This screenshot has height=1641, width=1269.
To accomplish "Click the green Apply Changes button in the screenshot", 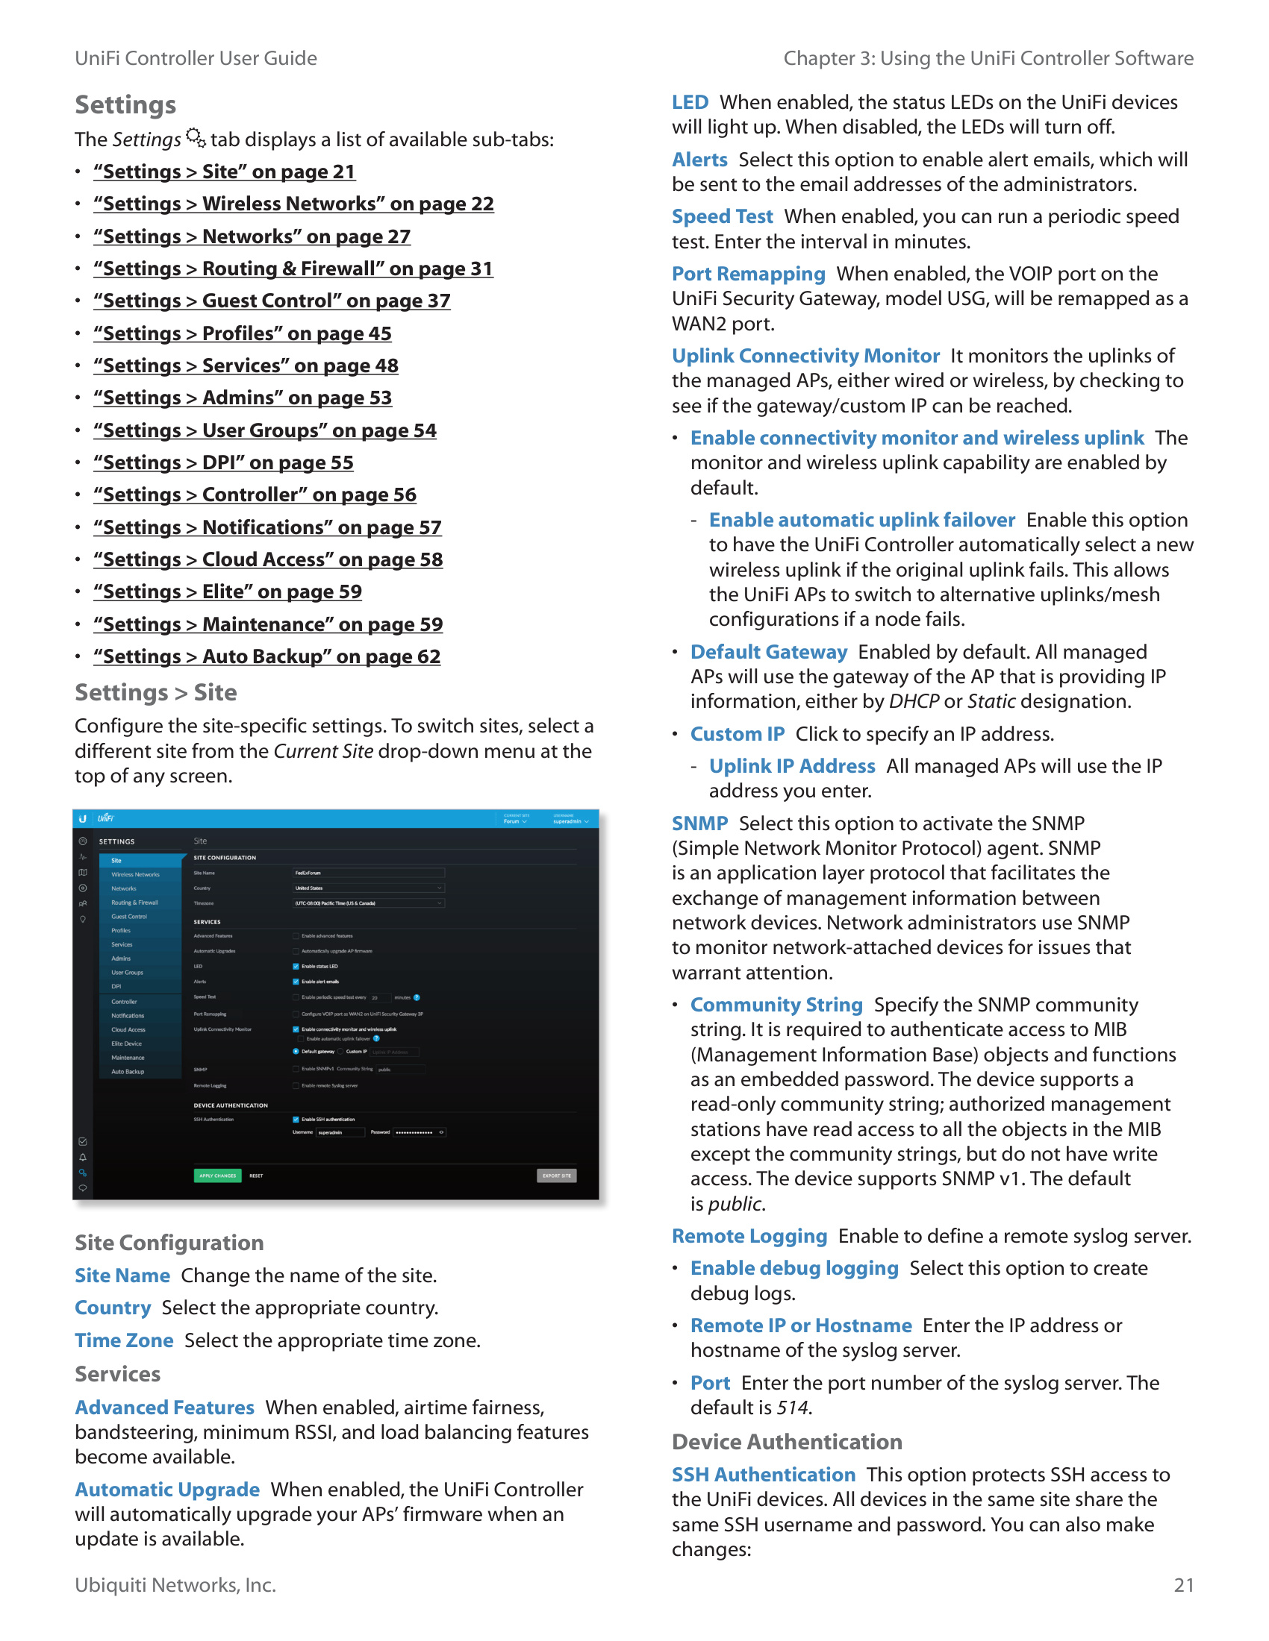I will click(x=217, y=1175).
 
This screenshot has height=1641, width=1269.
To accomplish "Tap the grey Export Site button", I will click(x=556, y=1175).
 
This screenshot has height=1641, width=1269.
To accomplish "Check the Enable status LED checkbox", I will click(x=296, y=966).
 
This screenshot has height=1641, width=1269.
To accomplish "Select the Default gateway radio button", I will click(x=296, y=1051).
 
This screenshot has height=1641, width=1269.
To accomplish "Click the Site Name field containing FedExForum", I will click(x=368, y=873).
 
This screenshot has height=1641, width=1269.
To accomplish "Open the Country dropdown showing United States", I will click(x=368, y=888).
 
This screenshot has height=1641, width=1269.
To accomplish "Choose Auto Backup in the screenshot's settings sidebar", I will click(x=128, y=1071).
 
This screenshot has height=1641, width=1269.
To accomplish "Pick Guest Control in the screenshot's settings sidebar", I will click(x=129, y=917).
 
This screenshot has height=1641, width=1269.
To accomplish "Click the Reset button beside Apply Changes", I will click(x=256, y=1176).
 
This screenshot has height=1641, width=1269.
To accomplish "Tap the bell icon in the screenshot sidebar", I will click(x=83, y=1157).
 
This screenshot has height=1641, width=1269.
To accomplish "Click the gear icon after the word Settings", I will click(x=196, y=137).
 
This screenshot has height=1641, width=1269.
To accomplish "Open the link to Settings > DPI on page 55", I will click(x=223, y=463).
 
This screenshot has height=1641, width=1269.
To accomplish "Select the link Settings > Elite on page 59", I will click(x=227, y=592).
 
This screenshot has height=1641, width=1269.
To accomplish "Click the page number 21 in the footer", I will click(x=1183, y=1584).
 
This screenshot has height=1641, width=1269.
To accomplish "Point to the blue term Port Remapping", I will click(x=748, y=274).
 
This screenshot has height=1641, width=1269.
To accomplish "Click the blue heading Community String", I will click(x=776, y=1005).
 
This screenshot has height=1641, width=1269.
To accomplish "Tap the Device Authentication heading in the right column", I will click(x=786, y=1442).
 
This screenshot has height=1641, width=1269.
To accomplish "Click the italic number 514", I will click(x=792, y=1408).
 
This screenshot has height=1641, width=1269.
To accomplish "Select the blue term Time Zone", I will click(x=124, y=1340).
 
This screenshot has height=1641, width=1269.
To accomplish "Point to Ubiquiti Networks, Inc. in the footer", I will click(x=175, y=1584).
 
